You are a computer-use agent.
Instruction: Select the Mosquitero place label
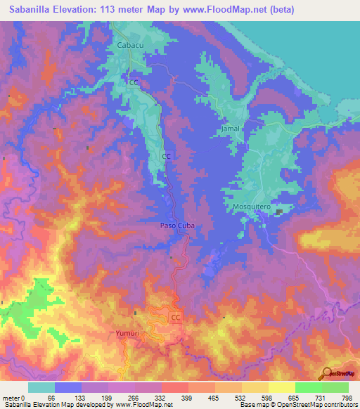[252, 208]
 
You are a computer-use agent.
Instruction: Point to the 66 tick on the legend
[51, 398]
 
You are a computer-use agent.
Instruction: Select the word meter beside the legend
[11, 398]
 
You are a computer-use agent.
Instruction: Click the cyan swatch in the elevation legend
[41, 387]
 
